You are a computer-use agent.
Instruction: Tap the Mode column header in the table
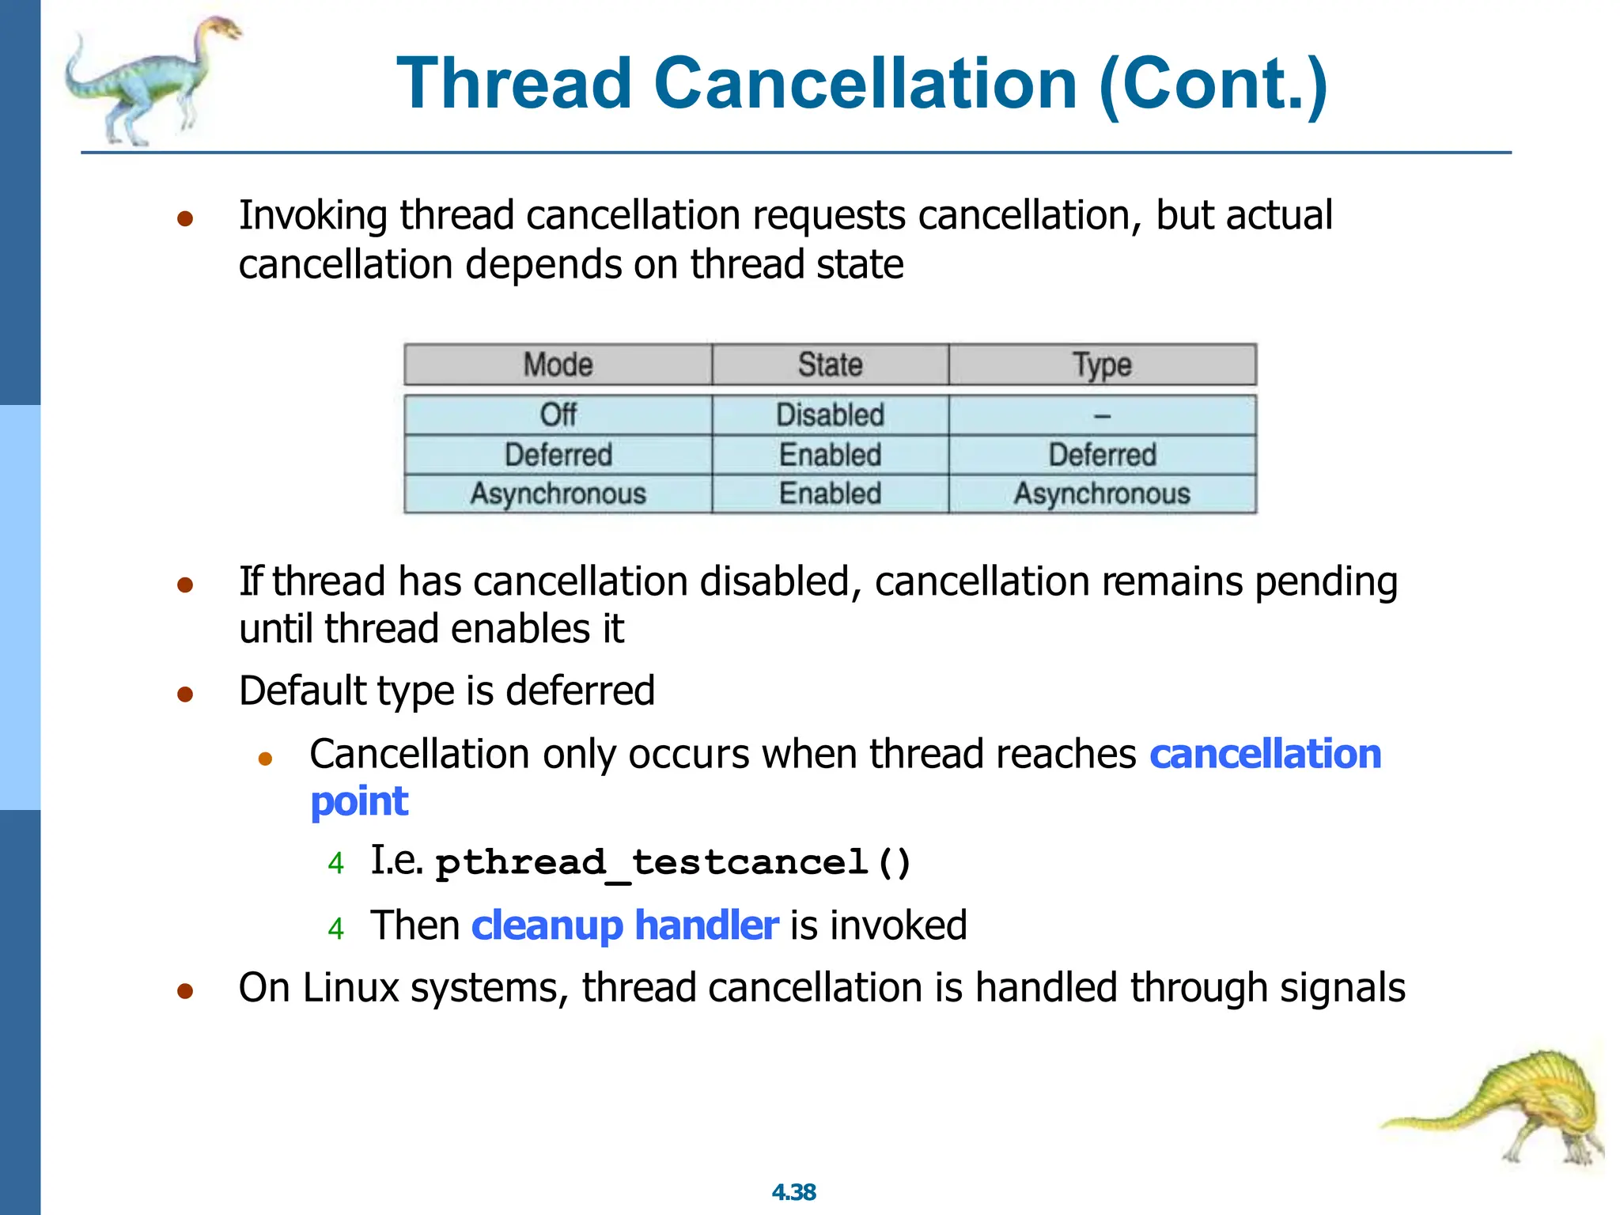tap(558, 365)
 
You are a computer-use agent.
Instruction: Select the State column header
tap(830, 365)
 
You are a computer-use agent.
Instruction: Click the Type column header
tap(1102, 365)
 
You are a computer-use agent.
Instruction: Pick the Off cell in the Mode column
tap(558, 414)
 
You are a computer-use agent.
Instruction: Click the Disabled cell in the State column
tap(830, 414)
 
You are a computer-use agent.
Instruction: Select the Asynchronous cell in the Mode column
tap(558, 494)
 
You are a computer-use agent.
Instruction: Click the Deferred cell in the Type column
tap(1102, 455)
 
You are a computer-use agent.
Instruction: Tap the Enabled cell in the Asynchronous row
tap(830, 494)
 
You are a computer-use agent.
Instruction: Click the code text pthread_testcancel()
tap(673, 862)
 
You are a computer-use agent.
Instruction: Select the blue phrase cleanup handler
tap(625, 925)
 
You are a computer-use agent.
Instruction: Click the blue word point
tap(359, 801)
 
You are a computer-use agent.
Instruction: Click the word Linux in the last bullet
tap(350, 988)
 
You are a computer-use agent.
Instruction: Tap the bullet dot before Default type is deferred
tap(185, 695)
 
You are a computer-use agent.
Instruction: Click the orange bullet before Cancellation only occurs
tap(266, 759)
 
